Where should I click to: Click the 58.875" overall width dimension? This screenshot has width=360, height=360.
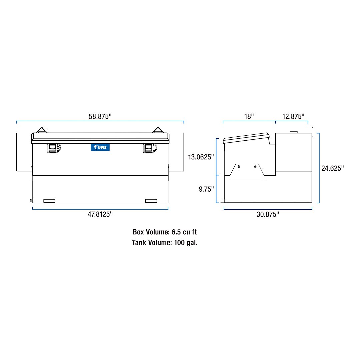pyautogui.click(x=100, y=116)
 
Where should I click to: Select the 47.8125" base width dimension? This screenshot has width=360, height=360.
pyautogui.click(x=100, y=214)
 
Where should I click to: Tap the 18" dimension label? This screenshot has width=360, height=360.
pyautogui.click(x=249, y=116)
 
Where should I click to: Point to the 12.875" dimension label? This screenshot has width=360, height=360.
pyautogui.click(x=293, y=116)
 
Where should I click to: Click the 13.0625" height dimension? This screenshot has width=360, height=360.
pyautogui.click(x=201, y=157)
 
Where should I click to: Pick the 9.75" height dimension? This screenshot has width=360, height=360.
pyautogui.click(x=206, y=189)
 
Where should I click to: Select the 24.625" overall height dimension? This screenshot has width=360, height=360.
pyautogui.click(x=332, y=168)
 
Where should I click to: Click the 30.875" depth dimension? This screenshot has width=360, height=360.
pyautogui.click(x=268, y=214)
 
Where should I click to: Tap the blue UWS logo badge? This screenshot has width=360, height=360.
pyautogui.click(x=100, y=147)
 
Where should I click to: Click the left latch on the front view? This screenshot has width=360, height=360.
pyautogui.click(x=54, y=148)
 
